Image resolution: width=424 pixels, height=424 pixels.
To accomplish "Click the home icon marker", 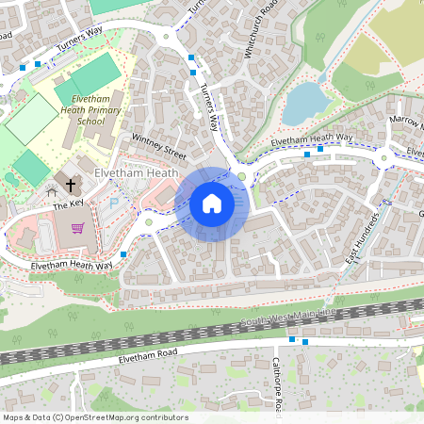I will pyautogui.click(x=212, y=203).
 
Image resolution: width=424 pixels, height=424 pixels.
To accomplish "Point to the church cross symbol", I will pyautogui.click(x=72, y=181).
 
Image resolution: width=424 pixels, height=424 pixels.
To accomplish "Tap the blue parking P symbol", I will pyautogui.click(x=115, y=201).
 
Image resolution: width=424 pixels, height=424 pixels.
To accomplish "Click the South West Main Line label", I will pyautogui.click(x=287, y=318).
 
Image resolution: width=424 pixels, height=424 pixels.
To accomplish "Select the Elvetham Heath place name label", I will pyautogui.click(x=137, y=174).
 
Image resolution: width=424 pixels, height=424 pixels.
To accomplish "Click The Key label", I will pyautogui.click(x=68, y=204).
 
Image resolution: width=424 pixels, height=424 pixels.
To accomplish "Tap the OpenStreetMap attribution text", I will pyautogui.click(x=95, y=417).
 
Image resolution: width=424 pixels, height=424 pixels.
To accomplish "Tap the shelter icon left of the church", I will pyautogui.click(x=52, y=191).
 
